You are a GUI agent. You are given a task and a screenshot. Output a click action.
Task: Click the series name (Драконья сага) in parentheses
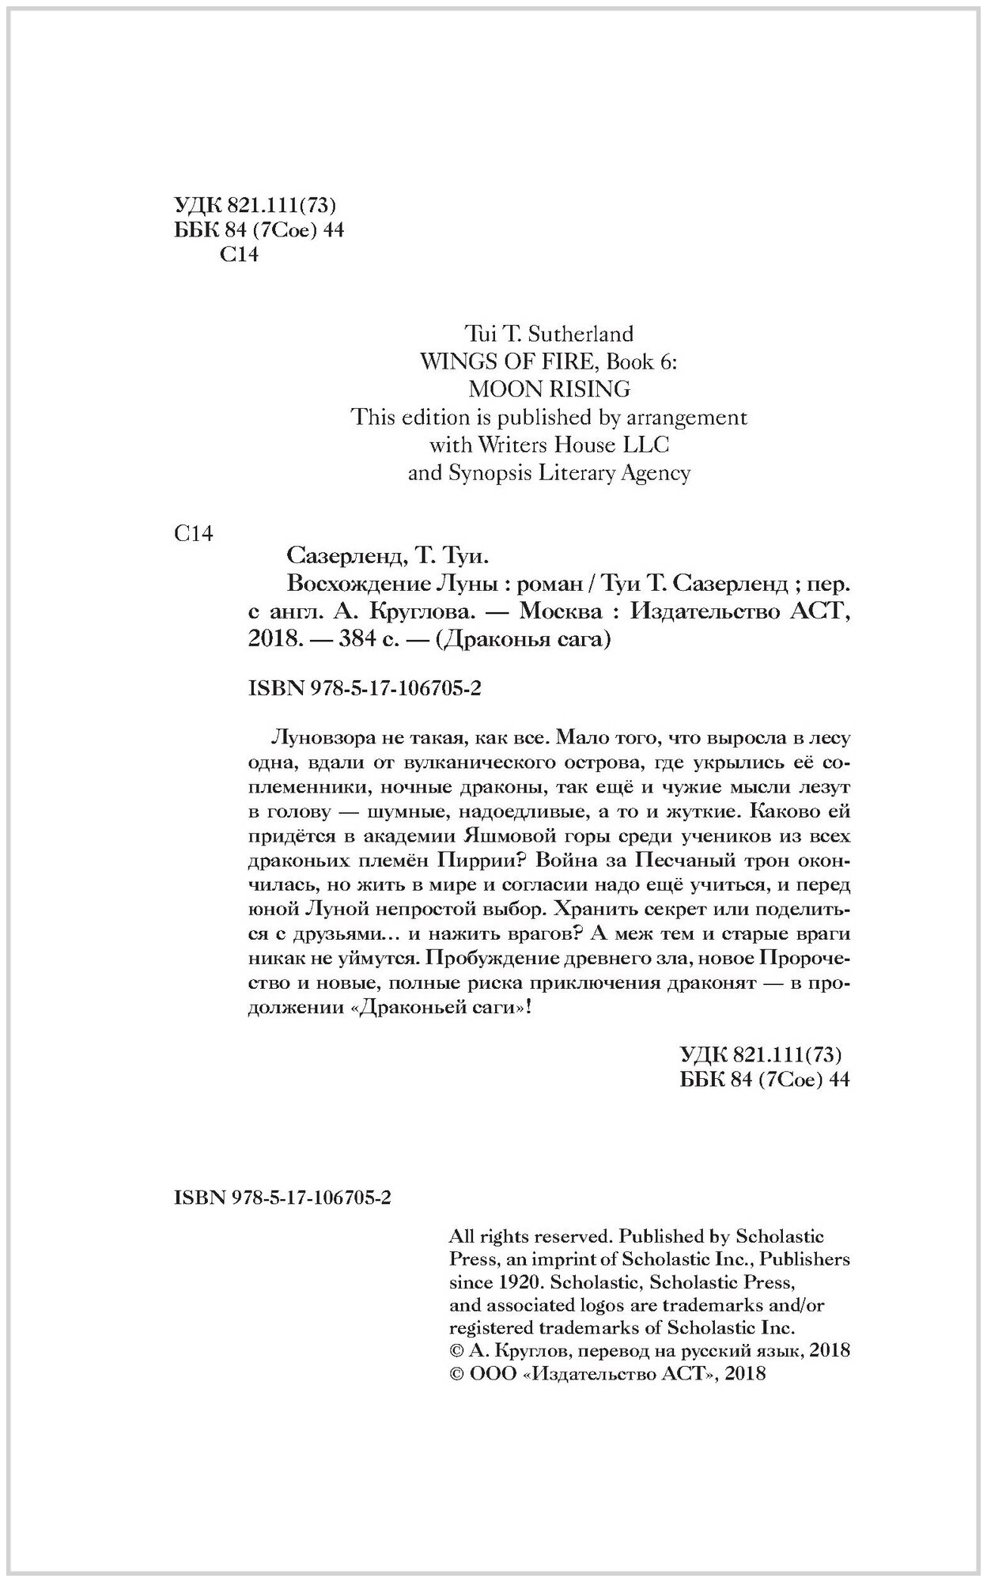tap(524, 641)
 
